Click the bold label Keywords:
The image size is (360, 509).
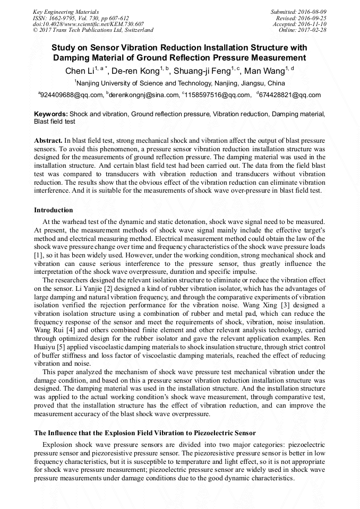click(x=51, y=114)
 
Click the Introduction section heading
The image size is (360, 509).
click(x=54, y=210)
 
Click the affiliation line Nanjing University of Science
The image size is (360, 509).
click(x=179, y=83)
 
